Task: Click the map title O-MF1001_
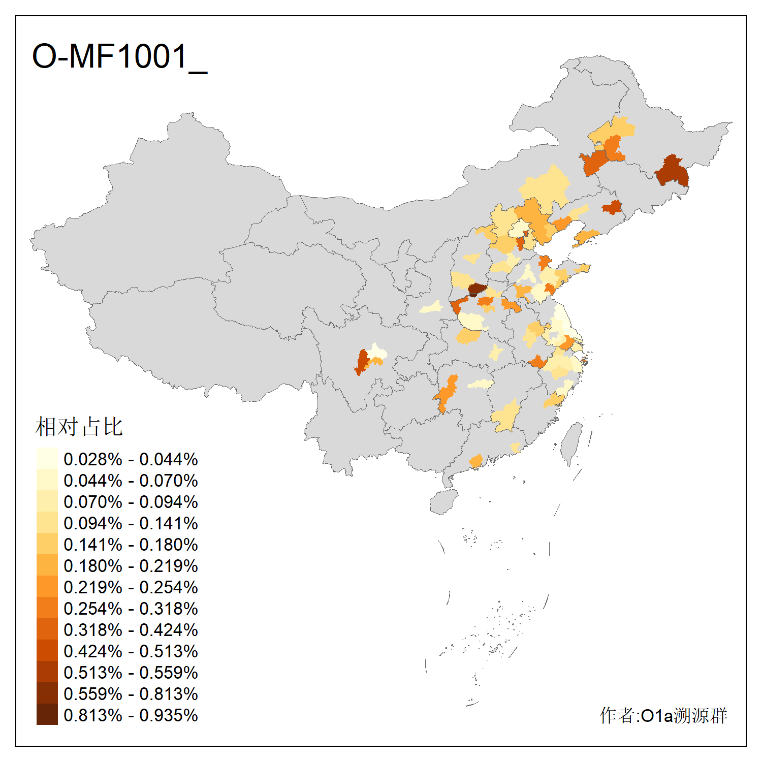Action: pos(119,57)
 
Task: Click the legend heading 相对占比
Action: pos(79,427)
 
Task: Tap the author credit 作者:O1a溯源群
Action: pos(663,715)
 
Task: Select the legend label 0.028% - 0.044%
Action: pos(131,459)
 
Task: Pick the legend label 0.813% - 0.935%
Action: pos(131,715)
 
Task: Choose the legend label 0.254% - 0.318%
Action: pos(131,609)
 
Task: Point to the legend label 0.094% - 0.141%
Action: pos(131,523)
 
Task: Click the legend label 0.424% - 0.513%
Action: pos(131,651)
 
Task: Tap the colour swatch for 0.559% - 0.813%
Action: pos(47,694)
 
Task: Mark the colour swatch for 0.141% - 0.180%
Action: pos(47,545)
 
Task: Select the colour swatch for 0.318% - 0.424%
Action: pos(47,630)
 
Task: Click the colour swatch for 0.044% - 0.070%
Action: pos(47,481)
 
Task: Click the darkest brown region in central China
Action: pos(477,290)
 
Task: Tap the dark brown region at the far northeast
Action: pos(673,172)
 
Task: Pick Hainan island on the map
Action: pos(443,502)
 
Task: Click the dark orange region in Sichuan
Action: pos(362,362)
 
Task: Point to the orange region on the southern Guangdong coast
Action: pos(476,461)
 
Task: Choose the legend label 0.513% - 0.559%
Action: pos(131,673)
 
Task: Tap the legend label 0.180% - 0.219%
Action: pos(131,566)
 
